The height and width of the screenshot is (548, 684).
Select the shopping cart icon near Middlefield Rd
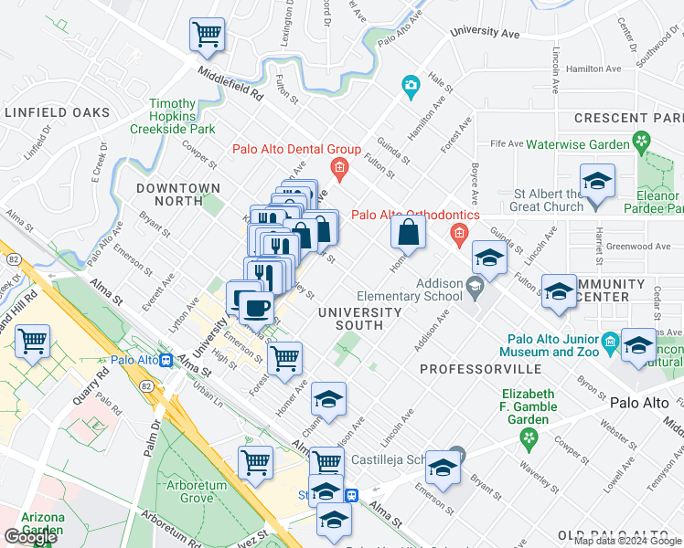coord(208,35)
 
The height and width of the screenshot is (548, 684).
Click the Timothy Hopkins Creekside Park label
coord(173,117)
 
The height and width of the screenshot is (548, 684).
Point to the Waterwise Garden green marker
coord(641,142)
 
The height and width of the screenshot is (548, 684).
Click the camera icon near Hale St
coord(411,88)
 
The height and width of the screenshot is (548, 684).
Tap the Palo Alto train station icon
coord(166,360)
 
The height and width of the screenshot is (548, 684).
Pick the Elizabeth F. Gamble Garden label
coord(528,407)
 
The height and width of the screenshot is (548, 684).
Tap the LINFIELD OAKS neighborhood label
coord(57,113)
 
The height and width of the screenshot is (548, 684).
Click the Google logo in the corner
coord(29,538)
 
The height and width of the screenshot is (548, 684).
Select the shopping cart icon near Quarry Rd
coord(33,342)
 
